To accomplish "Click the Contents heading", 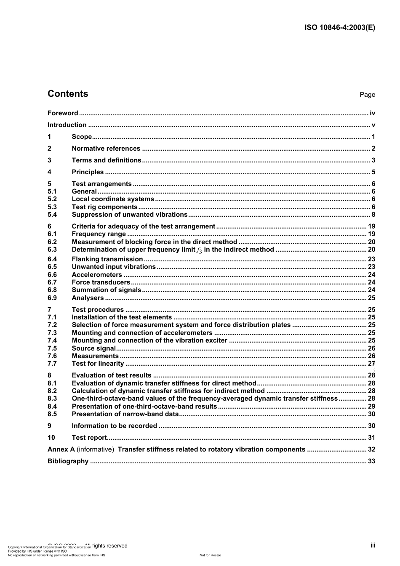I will pos(68,94).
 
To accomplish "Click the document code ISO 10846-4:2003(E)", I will pos(339,28).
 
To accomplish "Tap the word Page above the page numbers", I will pos(367,95).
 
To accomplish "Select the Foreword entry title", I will pos(63,113).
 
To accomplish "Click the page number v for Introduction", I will pos(373,125).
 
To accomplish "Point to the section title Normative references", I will pos(106,149).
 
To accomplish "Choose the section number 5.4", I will pos(52,215).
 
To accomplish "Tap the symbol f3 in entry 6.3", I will pos(200,250).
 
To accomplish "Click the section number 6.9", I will pos(52,298).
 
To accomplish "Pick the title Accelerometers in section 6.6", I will pos(97,275).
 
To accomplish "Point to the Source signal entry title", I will pos(93,348).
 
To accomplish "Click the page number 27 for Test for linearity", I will pos(371,364).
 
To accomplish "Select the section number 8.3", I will pos(52,399).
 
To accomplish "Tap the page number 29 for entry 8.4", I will pos(371,407).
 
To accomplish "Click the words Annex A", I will pos(61,449).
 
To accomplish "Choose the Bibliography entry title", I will pos(68,461).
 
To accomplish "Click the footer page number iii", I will pos(373,545).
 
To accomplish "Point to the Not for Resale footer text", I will pos(210,555).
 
